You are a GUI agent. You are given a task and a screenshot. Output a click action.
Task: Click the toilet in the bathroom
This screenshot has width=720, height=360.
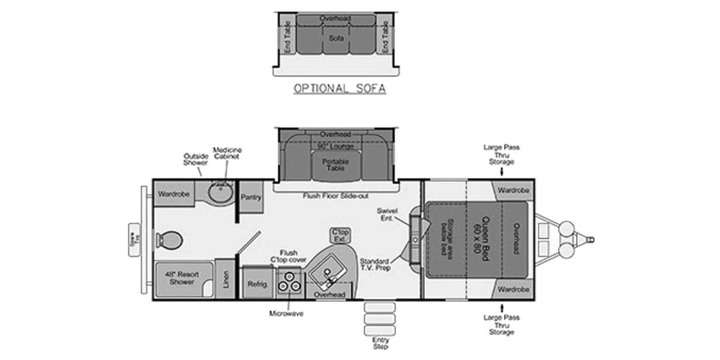coord(169,240)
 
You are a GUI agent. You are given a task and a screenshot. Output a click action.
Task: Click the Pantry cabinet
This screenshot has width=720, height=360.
coord(251,197)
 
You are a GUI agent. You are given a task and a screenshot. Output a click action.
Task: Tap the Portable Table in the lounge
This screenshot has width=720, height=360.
coord(335,164)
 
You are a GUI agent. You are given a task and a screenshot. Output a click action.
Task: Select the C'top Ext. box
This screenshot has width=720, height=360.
coord(340,235)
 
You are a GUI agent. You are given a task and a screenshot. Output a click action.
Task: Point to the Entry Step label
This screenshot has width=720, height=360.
coord(380,343)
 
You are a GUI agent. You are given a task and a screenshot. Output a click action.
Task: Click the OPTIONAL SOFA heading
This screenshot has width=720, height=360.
coord(339,89)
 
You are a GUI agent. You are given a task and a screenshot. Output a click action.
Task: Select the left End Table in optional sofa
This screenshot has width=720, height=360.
coord(288,37)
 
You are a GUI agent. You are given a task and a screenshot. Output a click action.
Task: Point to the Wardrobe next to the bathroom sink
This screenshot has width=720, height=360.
coord(174,194)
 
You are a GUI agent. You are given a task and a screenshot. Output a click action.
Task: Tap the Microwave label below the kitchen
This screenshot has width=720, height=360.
coord(286,313)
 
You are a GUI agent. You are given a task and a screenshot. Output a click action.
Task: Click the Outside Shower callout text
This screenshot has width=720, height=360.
coord(196,159)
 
